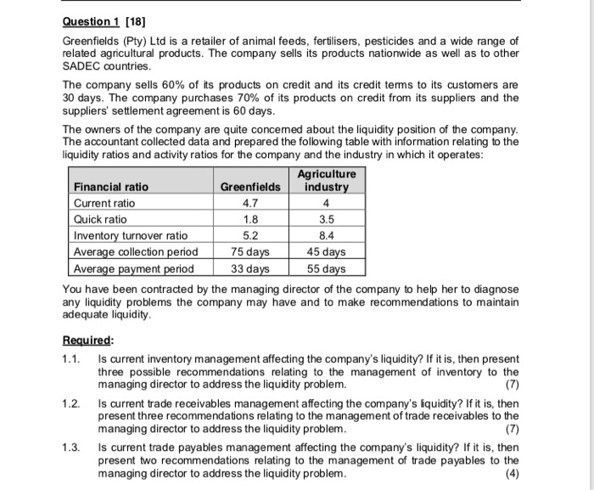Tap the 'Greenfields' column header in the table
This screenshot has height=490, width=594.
tap(249, 187)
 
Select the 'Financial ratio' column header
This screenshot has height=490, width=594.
tap(111, 187)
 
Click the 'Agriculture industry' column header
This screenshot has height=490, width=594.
tap(327, 180)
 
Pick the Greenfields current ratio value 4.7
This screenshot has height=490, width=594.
tap(249, 204)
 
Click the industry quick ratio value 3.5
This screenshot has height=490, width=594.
tap(327, 220)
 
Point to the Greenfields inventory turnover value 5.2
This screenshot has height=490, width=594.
tap(249, 236)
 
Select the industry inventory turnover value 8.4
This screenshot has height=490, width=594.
tap(327, 236)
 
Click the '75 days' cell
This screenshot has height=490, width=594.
tap(249, 252)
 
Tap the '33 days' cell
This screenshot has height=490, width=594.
tap(249, 269)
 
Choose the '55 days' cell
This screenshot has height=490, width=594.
tap(327, 269)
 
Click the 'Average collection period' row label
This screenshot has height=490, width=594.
tap(137, 252)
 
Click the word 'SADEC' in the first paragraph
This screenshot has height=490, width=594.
tap(83, 65)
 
